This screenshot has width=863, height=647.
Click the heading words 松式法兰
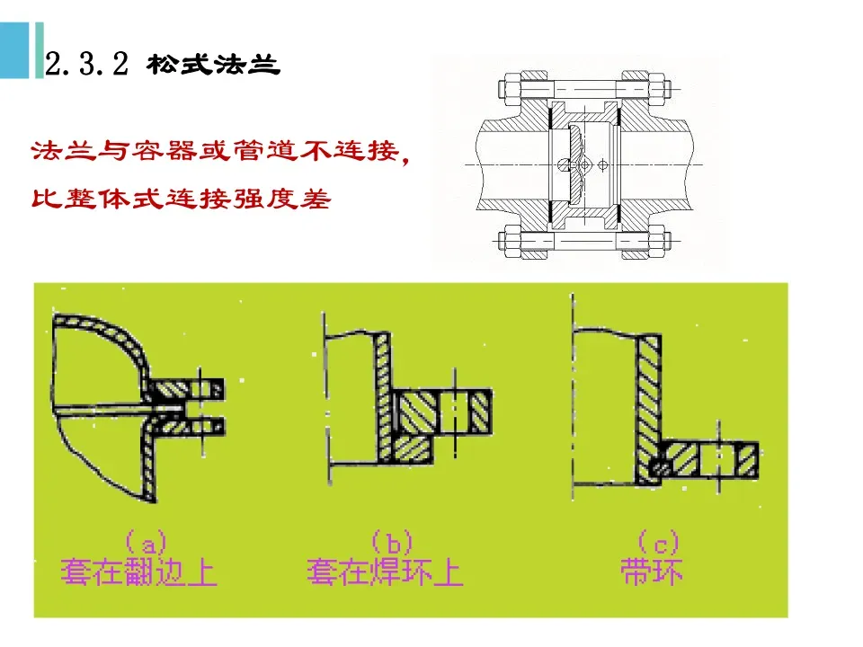[x=212, y=65]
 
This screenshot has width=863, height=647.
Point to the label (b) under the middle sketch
[x=391, y=542]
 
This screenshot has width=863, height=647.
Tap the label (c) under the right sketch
[x=658, y=542]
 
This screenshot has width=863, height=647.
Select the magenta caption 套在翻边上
[x=139, y=572]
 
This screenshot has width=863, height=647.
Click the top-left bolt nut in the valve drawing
[x=506, y=90]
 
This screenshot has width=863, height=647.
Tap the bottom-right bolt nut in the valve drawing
[x=658, y=241]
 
